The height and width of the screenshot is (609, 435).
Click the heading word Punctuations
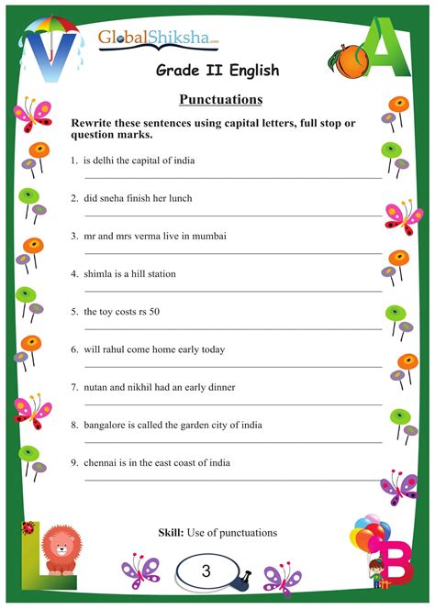(x=217, y=98)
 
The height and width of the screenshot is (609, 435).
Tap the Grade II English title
(x=217, y=70)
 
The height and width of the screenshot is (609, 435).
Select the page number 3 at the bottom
(x=206, y=570)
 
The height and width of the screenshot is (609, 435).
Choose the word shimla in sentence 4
(x=97, y=273)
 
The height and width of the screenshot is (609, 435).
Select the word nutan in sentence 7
(x=96, y=387)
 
